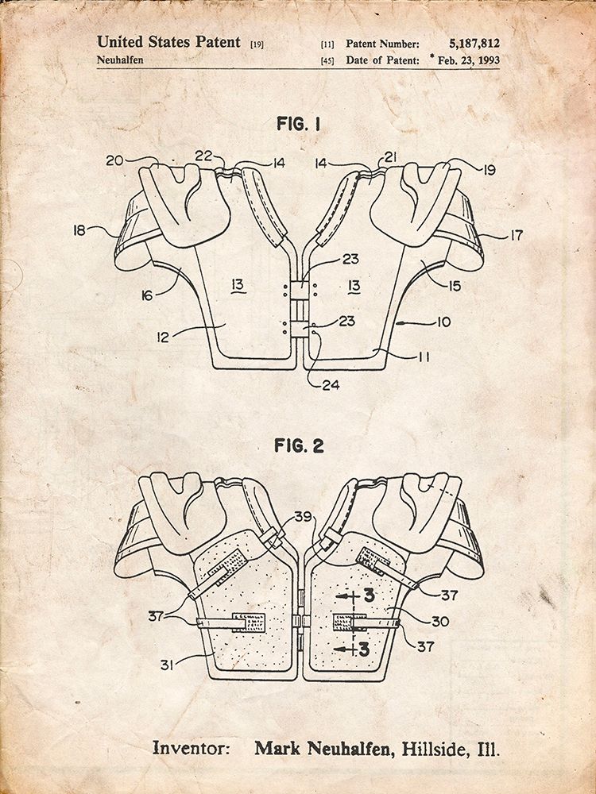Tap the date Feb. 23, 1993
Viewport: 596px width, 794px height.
tap(468, 60)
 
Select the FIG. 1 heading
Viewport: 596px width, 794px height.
tap(299, 124)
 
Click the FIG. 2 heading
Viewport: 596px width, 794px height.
tap(299, 445)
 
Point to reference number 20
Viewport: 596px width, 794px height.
tap(115, 161)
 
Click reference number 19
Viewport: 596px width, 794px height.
tap(489, 170)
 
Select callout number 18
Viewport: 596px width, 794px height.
tap(79, 231)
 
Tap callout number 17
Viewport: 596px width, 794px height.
tap(516, 236)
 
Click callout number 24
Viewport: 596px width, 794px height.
tap(331, 385)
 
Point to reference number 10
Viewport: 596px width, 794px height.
tap(443, 322)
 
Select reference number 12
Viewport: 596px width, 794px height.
tap(162, 337)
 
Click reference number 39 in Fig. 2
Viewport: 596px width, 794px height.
tap(303, 517)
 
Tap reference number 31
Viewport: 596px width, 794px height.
tap(167, 665)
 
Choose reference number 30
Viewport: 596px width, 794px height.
tap(440, 621)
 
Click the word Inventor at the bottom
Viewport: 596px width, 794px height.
tap(191, 748)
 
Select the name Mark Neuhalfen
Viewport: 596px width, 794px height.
tap(324, 748)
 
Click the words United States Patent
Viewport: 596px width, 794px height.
tap(168, 42)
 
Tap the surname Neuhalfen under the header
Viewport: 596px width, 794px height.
tap(120, 60)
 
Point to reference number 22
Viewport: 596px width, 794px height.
tap(203, 157)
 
